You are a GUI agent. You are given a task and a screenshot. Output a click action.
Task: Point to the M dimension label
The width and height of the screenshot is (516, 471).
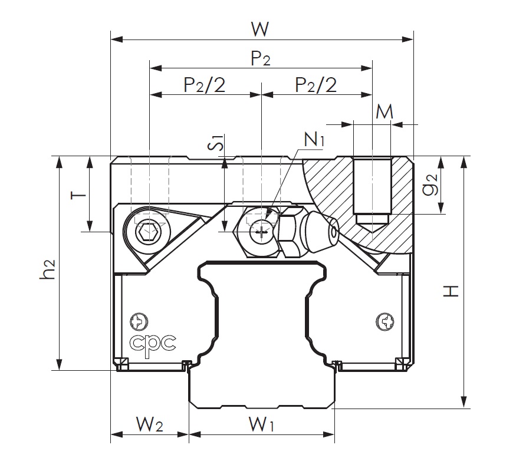(384, 112)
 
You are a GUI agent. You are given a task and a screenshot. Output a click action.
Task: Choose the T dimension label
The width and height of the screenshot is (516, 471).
(76, 194)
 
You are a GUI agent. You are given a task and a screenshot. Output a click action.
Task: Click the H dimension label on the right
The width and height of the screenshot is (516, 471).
(451, 290)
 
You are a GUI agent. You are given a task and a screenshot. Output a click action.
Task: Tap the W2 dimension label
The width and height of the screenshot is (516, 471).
(149, 424)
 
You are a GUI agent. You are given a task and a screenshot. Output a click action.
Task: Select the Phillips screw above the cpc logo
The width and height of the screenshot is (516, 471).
(139, 322)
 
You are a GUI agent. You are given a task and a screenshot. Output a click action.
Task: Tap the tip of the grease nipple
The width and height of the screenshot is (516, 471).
(333, 231)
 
